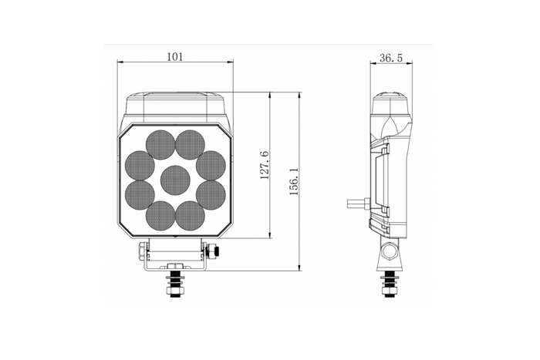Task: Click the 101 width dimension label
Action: (175, 56)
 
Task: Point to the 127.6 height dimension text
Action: (263, 166)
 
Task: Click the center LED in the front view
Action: (175, 180)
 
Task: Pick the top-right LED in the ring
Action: (189, 143)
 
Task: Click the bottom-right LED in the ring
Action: (189, 214)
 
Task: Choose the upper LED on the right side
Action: (211, 164)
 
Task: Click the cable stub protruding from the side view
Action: (356, 204)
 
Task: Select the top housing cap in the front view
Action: (175, 102)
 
